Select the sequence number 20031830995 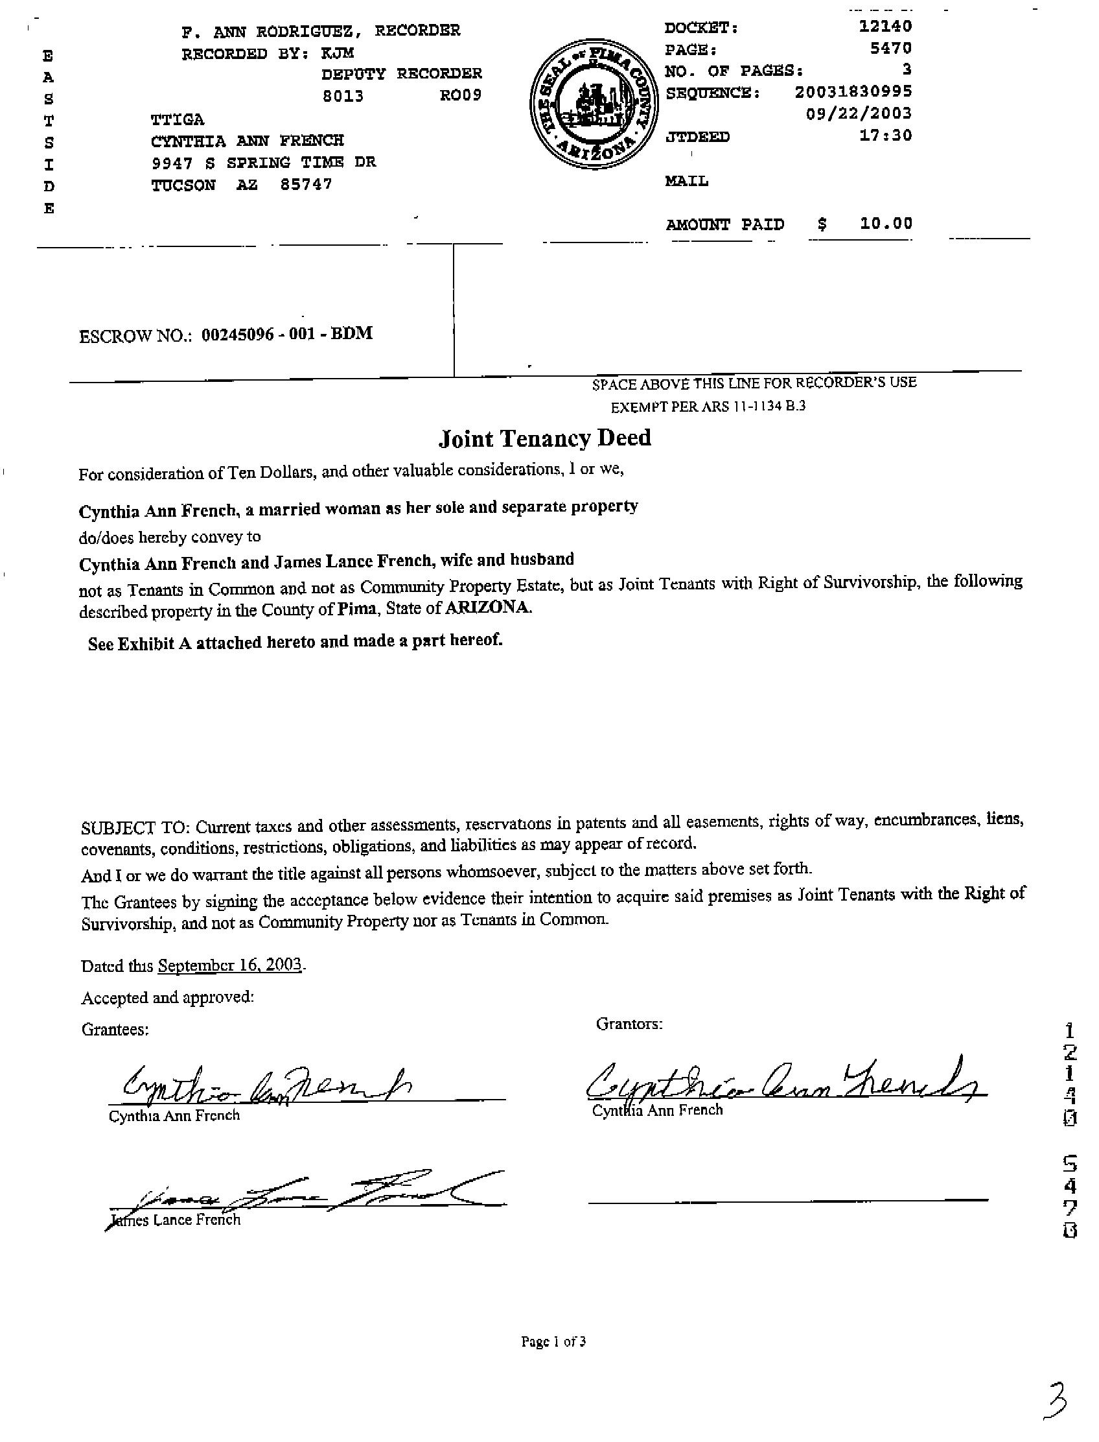(x=853, y=91)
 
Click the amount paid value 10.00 (x=886, y=223)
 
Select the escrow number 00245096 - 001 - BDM (x=287, y=334)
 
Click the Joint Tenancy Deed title (x=544, y=438)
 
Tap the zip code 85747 (x=305, y=184)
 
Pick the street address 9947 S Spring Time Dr (x=263, y=162)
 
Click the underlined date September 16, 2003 (x=229, y=965)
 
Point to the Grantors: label (x=629, y=1024)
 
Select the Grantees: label (x=115, y=1029)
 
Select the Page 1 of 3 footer (x=553, y=1342)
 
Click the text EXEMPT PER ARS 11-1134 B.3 (x=708, y=407)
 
